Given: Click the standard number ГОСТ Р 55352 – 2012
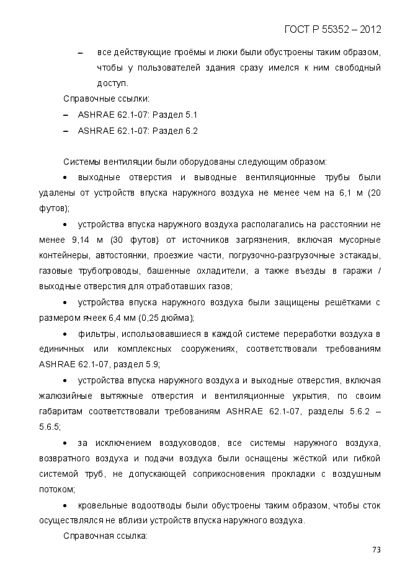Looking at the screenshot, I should [332, 29].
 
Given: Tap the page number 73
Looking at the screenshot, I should [376, 549].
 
